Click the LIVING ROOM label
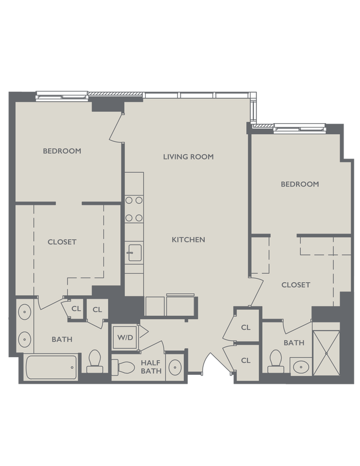[188, 157]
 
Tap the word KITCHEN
[188, 240]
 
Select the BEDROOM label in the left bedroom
[62, 151]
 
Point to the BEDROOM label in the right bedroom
[300, 184]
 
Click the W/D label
[124, 337]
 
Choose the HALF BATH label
[151, 367]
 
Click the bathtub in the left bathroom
[50, 367]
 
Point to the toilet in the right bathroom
[276, 362]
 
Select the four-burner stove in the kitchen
[134, 209]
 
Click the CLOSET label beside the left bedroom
[62, 242]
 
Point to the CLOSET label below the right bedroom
[296, 285]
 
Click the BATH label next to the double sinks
[62, 339]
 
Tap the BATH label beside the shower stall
[294, 343]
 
